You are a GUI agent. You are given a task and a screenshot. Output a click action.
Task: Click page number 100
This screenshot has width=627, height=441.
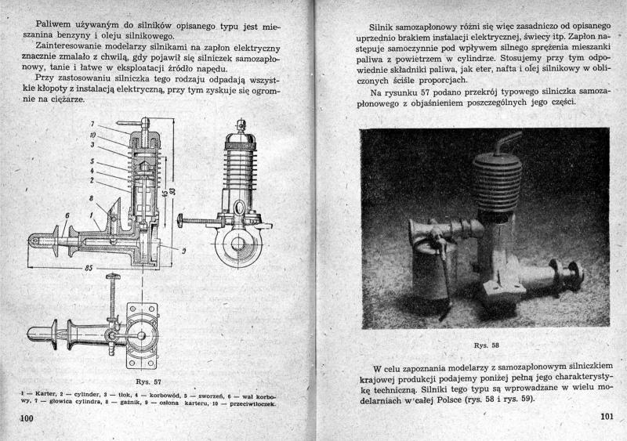[x=26, y=420]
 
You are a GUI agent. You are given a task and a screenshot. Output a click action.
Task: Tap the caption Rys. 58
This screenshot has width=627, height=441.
[x=486, y=345]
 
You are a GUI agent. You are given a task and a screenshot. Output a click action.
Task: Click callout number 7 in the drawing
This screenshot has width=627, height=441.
[x=93, y=125]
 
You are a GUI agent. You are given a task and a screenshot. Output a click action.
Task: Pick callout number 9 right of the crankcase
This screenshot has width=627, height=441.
[x=183, y=251]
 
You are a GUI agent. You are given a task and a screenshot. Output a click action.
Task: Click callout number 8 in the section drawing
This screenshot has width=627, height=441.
[x=93, y=201]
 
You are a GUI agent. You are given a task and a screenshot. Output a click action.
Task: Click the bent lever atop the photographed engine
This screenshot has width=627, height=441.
[x=510, y=144]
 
